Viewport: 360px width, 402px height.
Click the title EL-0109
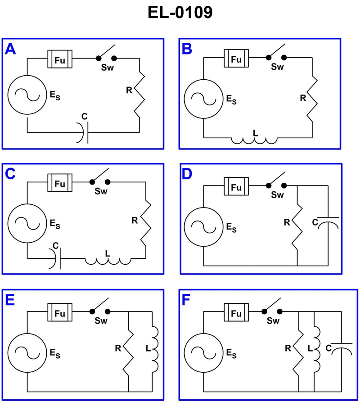coord(180,13)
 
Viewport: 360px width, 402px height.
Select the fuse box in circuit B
coord(236,59)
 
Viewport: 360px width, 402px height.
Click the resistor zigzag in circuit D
coord(298,225)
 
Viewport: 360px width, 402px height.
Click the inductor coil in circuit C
coord(108,260)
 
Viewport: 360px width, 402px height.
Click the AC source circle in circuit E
coord(27,352)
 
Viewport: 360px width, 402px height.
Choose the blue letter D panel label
coord(186,173)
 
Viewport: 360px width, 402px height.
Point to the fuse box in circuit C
coord(60,183)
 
